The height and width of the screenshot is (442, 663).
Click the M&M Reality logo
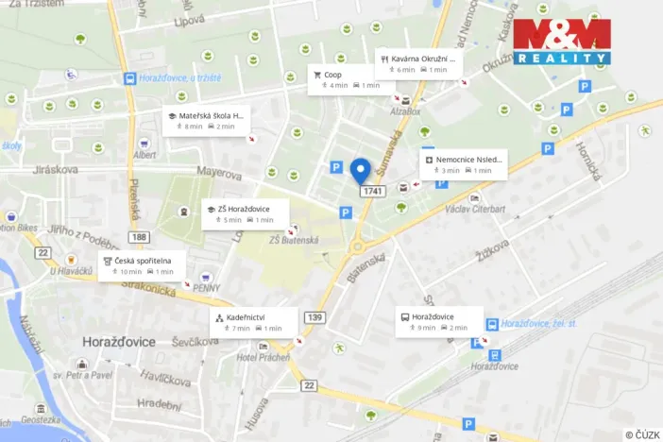pyautogui.click(x=561, y=42)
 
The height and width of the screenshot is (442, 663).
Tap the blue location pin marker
pyautogui.click(x=360, y=171)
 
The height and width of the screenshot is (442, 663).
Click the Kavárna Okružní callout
pyautogui.click(x=416, y=62)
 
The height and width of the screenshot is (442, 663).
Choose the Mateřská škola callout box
pyautogui.click(x=206, y=121)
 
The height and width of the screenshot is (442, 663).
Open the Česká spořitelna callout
pyautogui.click(x=141, y=266)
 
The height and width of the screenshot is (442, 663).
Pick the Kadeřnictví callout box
pyautogui.click(x=252, y=322)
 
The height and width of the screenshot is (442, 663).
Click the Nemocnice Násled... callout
pyautogui.click(x=463, y=164)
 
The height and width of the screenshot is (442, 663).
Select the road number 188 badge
pyautogui.click(x=140, y=236)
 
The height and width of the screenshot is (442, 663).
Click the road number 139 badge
pyautogui.click(x=314, y=316)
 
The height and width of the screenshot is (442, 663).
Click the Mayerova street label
pyautogui.click(x=220, y=172)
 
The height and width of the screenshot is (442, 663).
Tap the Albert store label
pyautogui.click(x=144, y=155)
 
